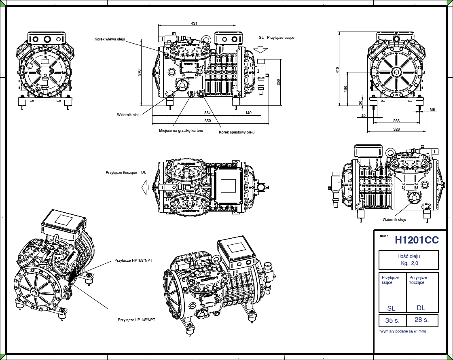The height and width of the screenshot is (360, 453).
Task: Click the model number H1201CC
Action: point(417,240)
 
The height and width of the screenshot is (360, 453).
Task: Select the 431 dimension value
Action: point(194,23)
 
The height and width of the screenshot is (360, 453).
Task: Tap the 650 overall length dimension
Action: point(207,121)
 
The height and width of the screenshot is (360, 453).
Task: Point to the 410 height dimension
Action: point(337,70)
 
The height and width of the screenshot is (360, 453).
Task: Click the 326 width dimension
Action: point(396,129)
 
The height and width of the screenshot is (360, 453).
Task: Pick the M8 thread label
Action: point(432,110)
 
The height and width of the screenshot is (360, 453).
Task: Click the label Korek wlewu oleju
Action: point(110,39)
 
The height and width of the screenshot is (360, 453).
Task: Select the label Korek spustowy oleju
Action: point(237,132)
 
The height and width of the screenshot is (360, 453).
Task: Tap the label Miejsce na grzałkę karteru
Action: point(181,131)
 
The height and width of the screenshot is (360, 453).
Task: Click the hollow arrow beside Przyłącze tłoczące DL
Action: point(145,187)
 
